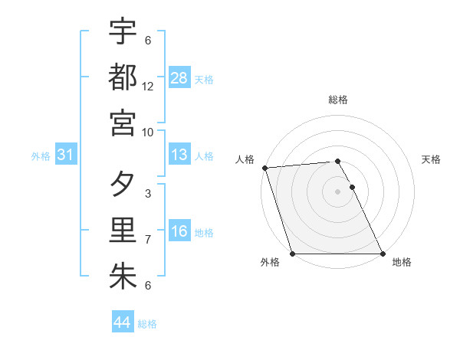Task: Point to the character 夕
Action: pos(123,185)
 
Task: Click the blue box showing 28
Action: pos(179,78)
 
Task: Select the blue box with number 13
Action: pos(179,155)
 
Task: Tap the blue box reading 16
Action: pos(179,231)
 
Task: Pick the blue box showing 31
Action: pos(66,155)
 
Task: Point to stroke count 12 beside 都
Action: pos(148,86)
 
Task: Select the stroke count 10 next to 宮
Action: pos(148,131)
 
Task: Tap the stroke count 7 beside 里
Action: pos(148,240)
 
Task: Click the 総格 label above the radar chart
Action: pos(338,100)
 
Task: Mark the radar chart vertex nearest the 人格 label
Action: pos(264,168)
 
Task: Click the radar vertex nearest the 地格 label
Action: pos(382,254)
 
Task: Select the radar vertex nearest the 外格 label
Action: pos(293,254)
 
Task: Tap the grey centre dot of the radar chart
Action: pos(338,191)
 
